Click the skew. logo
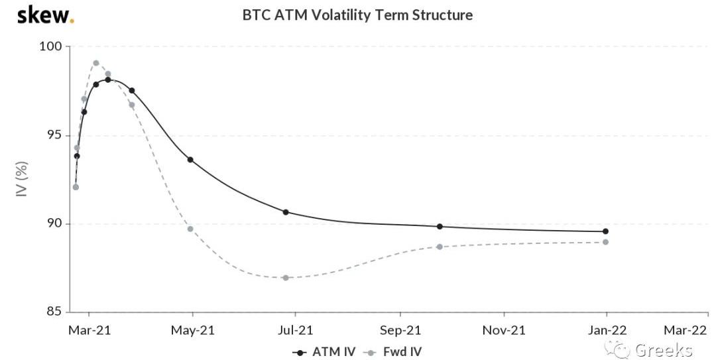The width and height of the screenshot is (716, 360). pos(45,15)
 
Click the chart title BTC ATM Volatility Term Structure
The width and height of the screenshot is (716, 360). pos(357,15)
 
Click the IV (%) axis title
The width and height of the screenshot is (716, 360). pos(21,179)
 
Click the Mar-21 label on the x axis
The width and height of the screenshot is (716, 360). pos(89,329)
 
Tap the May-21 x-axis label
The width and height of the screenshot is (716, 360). pos(193,329)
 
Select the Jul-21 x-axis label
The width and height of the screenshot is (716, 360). pos(296,329)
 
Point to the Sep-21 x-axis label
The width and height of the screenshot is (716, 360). pos(400,329)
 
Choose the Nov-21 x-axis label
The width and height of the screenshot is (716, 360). pos(504,329)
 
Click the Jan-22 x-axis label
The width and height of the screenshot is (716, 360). pos(607,329)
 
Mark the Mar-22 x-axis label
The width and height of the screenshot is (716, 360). pos(686,329)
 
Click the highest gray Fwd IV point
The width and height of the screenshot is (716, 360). pos(96,63)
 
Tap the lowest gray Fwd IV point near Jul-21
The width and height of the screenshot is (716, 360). pos(286,278)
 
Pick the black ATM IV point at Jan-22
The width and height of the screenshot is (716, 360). pos(605,231)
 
